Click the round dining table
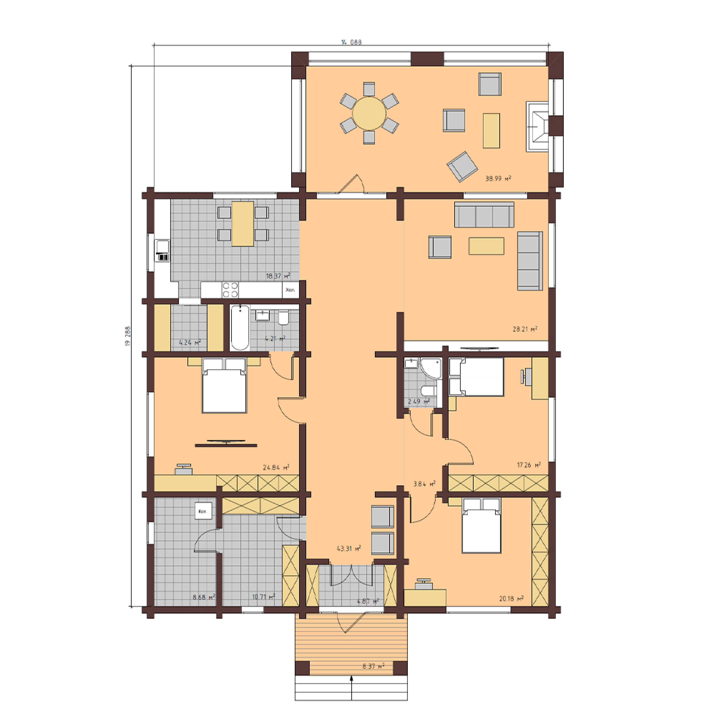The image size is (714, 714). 369,113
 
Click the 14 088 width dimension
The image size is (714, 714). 351,42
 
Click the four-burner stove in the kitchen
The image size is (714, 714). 230,290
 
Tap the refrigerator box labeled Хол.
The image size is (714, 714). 290,290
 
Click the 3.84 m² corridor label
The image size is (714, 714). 424,484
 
